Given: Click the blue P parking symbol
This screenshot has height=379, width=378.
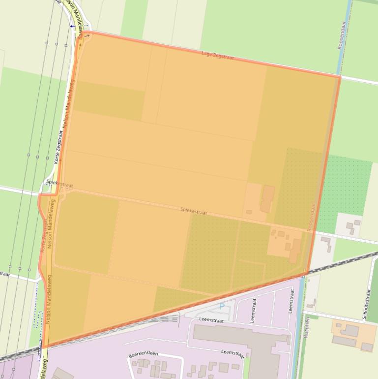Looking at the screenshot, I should point(222,306).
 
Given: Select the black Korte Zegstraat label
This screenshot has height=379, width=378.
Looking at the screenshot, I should point(58,147).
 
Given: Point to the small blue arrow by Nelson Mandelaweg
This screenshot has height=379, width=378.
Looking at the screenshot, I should point(72,26).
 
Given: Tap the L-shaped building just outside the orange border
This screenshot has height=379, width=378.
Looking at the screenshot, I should point(326,242).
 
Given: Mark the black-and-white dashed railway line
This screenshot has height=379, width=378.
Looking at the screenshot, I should point(344,264).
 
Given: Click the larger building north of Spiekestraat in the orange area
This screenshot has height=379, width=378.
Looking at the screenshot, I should point(267,198).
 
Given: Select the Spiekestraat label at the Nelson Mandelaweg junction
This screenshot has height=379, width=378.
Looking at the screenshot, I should point(59,184).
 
